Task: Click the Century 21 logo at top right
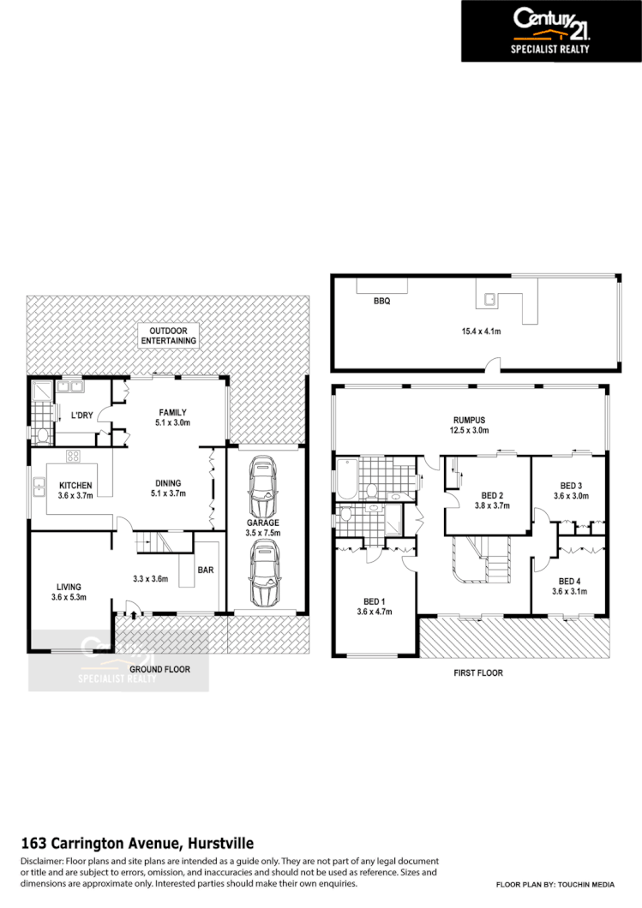click(x=551, y=30)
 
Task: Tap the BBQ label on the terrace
click(x=381, y=302)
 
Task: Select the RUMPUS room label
click(x=471, y=420)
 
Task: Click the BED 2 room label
click(x=491, y=495)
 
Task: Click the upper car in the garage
click(x=262, y=486)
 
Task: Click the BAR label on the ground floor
click(x=206, y=568)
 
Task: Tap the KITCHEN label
click(x=75, y=486)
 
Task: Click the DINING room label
click(x=168, y=482)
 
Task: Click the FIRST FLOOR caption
click(x=478, y=673)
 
